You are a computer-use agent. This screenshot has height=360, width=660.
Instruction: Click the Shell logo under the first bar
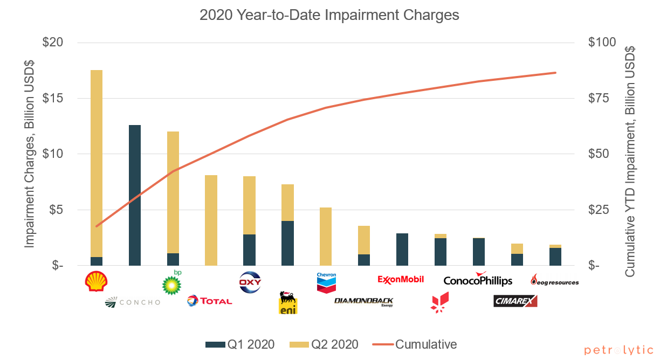coord(97,281)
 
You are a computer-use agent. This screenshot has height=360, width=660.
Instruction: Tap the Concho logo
coord(133,302)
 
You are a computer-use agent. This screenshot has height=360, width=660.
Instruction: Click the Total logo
coord(210,301)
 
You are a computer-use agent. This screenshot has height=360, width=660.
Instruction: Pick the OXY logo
coord(250,282)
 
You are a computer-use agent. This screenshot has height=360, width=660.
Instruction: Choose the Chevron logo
coord(326,282)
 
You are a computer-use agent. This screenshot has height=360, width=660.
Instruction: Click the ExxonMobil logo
coord(401,279)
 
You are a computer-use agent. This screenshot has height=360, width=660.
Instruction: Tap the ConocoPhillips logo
coord(478,280)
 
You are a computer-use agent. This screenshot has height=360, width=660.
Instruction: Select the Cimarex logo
coord(515,301)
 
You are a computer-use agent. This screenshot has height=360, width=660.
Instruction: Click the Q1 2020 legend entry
coord(240,344)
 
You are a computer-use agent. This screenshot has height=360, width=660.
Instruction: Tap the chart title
coord(329,15)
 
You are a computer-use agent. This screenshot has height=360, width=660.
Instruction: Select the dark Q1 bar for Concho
coord(134,195)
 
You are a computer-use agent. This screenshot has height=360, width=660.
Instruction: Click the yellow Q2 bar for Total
coord(211,220)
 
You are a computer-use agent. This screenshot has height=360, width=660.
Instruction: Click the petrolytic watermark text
coord(619,350)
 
